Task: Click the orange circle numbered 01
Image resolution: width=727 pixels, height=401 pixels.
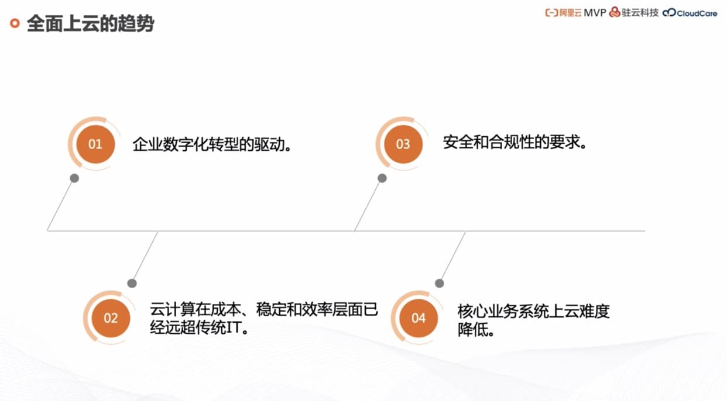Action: (x=95, y=144)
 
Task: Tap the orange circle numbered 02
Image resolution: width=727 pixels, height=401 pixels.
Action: (x=111, y=318)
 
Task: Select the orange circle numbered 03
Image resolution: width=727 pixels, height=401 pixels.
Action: (x=403, y=144)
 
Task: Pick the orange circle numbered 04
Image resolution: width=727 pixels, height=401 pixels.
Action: (x=418, y=318)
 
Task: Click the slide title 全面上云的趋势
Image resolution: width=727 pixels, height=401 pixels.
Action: (x=90, y=25)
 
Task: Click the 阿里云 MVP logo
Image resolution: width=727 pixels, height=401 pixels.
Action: (x=575, y=13)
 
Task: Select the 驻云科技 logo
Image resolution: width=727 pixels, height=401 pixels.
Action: (x=634, y=13)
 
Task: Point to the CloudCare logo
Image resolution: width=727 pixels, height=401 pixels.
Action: (x=690, y=13)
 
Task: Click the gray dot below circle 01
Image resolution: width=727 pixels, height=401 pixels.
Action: (x=74, y=178)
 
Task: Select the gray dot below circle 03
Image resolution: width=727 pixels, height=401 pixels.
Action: (x=382, y=178)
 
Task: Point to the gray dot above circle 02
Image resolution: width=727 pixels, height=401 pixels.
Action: (x=132, y=284)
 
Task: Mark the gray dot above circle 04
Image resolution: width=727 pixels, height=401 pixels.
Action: (x=440, y=284)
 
